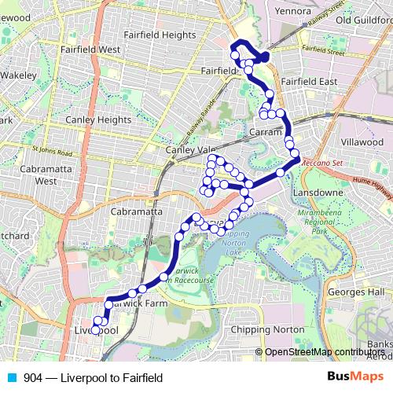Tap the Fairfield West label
(x=90, y=50)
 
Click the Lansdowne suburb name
(x=317, y=193)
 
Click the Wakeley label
(x=19, y=76)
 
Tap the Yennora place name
(x=294, y=12)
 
